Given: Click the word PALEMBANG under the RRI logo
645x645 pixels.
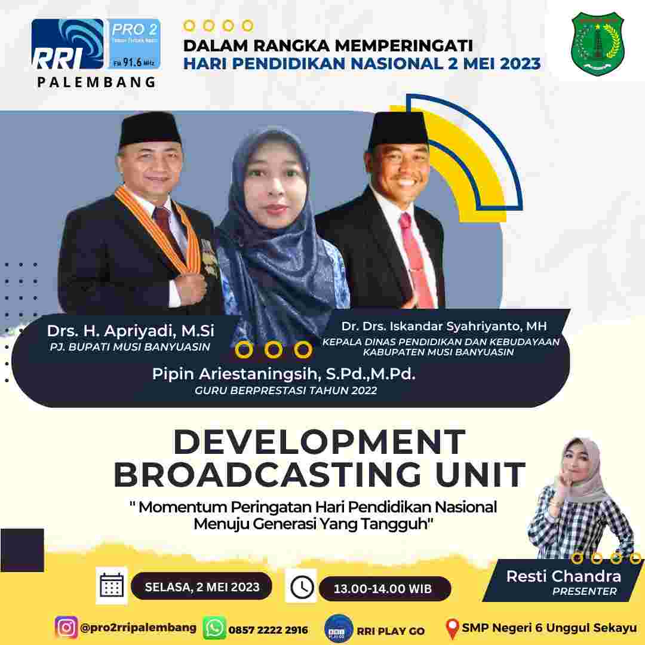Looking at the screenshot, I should (96, 83).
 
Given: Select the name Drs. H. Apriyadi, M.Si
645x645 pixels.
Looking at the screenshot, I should (131, 330).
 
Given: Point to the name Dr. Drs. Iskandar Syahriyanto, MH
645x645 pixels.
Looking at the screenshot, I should (444, 326).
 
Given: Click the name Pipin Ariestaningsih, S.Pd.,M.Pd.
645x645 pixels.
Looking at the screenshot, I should (284, 374).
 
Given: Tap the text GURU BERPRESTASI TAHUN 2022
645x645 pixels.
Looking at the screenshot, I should (286, 391).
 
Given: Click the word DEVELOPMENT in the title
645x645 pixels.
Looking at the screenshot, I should (320, 443).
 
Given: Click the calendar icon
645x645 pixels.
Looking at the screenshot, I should (112, 585).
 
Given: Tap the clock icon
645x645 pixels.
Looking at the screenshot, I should (303, 587).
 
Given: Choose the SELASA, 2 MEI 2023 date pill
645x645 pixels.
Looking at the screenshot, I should (202, 587).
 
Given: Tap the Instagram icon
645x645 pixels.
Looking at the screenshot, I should (66, 628).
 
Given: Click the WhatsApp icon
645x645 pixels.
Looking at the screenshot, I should (214, 629).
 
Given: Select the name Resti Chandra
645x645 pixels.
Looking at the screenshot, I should (564, 576).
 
